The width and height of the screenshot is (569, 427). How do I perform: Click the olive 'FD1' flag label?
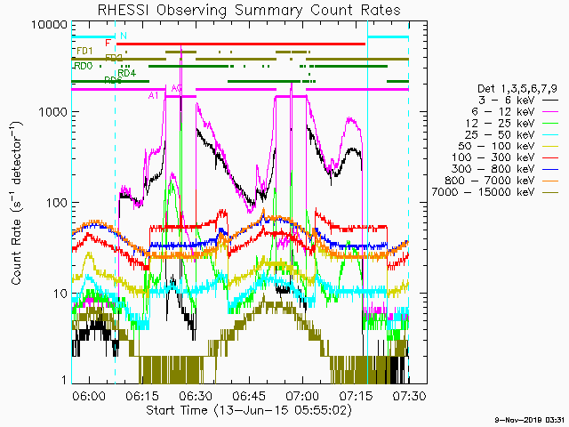pyautogui.click(x=84, y=51)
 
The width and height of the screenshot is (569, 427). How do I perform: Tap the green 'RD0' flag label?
pyautogui.click(x=84, y=66)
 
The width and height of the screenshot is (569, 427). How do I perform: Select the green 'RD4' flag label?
pyautogui.click(x=126, y=73)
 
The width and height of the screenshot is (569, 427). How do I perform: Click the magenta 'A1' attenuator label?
pyautogui.click(x=154, y=95)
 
